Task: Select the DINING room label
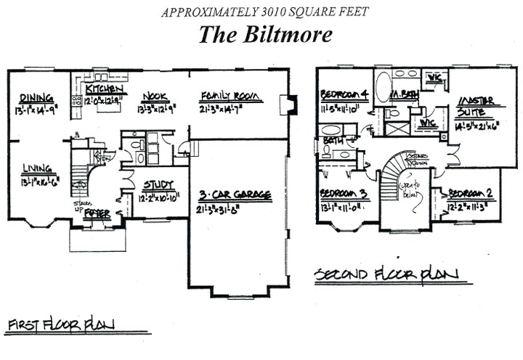36,98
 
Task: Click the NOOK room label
155,97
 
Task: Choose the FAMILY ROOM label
227,96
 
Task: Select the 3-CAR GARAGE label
235,195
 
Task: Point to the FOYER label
97,214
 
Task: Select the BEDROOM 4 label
345,95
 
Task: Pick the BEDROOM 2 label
472,194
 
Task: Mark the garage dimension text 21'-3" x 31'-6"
234,209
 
